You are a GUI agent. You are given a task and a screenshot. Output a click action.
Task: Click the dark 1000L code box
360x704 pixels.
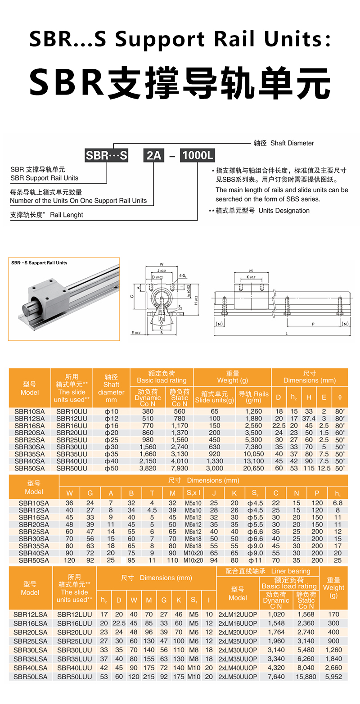point(198,156)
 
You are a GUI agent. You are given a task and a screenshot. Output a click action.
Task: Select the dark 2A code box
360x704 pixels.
point(153,156)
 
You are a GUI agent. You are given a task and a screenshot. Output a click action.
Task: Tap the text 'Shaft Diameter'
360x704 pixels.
point(292,143)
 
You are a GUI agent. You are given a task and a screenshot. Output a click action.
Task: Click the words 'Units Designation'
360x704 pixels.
point(284,211)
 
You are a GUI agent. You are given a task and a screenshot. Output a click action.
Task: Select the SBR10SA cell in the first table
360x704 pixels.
point(30,411)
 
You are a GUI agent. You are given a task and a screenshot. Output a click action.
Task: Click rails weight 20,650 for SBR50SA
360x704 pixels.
point(253,468)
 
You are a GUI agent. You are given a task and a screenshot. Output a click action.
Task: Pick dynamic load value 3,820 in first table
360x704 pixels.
point(148,468)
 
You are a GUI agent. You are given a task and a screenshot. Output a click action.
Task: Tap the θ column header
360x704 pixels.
point(340,397)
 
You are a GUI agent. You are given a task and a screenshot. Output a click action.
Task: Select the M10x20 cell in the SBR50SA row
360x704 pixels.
point(193,560)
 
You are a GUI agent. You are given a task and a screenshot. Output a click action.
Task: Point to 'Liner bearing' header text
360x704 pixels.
point(290,571)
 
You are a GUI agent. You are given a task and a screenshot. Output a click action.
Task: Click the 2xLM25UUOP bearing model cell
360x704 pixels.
point(238,641)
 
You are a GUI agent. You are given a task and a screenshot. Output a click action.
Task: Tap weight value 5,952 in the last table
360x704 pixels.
point(333,677)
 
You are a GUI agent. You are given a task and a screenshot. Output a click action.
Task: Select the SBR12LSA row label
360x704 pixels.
point(30,614)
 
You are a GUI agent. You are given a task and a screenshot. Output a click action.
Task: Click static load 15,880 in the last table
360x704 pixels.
point(306,677)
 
